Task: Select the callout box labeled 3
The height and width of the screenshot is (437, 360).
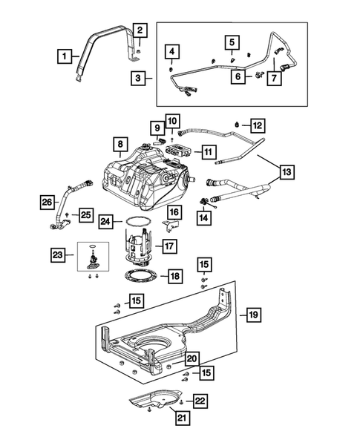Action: point(139,77)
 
